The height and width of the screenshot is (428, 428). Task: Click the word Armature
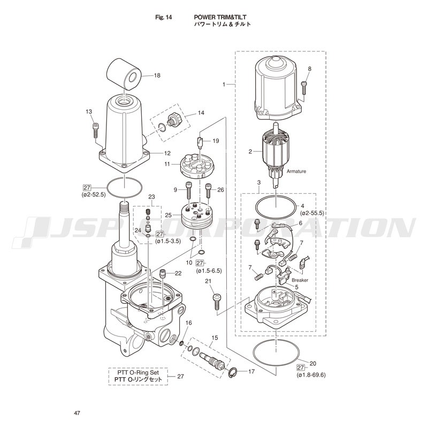pyautogui.click(x=296, y=171)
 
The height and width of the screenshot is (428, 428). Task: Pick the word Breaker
pyautogui.click(x=300, y=280)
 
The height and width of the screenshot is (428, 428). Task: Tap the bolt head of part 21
pyautogui.click(x=217, y=297)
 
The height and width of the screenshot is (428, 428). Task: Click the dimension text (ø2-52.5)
pyautogui.click(x=93, y=195)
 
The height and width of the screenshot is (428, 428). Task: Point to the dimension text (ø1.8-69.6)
pyautogui.click(x=311, y=375)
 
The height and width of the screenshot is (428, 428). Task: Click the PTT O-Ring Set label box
pyautogui.click(x=138, y=376)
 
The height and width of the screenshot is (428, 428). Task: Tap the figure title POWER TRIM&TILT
pyautogui.click(x=220, y=17)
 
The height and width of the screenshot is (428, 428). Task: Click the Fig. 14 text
pyautogui.click(x=164, y=17)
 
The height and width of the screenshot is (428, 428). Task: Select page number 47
pyautogui.click(x=77, y=413)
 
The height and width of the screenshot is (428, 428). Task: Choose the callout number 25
pyautogui.click(x=168, y=215)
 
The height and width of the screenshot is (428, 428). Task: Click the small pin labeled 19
pyautogui.click(x=201, y=142)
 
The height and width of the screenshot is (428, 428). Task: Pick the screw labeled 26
pyautogui.click(x=208, y=190)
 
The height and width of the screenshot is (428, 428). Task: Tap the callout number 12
pyautogui.click(x=167, y=154)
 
